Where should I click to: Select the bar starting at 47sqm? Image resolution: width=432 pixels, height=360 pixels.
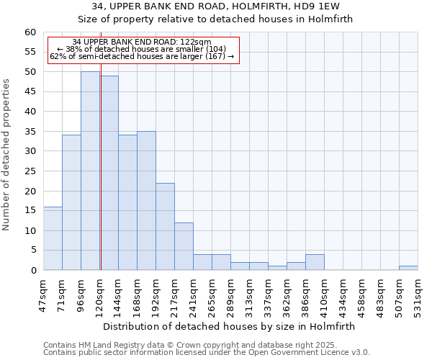point(53,238)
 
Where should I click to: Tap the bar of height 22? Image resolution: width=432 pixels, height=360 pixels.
point(165,226)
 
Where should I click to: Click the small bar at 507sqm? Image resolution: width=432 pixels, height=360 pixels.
point(408,268)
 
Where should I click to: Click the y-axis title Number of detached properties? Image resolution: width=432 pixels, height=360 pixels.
point(7,155)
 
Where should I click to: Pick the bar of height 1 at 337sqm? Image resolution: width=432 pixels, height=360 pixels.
point(277,268)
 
